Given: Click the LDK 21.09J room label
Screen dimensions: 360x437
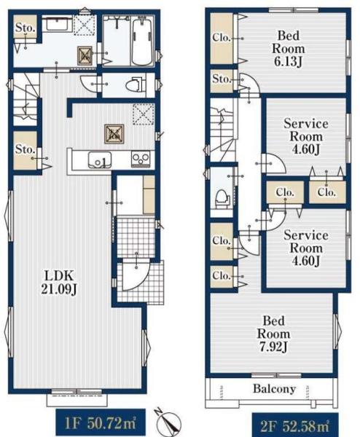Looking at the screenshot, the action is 59,283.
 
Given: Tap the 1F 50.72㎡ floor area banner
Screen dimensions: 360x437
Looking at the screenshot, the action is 101,424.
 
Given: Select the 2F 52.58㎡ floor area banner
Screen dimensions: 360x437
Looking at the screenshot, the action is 295,425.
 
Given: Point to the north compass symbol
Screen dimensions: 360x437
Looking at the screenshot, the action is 168,422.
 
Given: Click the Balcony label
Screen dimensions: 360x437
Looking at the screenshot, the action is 274,388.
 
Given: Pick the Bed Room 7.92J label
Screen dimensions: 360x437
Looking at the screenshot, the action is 273,334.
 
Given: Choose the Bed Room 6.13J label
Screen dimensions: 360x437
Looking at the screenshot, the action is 288,49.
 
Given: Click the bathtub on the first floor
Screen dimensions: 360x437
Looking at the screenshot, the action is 142,41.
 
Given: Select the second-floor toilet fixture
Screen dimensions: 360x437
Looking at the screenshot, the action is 222,198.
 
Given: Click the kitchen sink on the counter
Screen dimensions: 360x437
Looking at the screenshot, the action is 100,160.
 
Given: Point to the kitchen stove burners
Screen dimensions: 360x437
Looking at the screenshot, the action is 141,159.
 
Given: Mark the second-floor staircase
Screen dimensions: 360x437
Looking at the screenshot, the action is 223,130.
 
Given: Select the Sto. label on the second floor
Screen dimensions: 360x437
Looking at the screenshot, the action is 222,79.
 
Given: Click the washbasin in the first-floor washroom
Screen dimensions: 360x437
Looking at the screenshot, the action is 57,24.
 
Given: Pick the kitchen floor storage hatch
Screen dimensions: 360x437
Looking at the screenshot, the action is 114,134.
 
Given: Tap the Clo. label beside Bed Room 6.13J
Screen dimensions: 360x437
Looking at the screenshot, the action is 222,37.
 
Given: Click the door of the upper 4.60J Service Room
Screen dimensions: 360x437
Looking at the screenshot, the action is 274,164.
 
